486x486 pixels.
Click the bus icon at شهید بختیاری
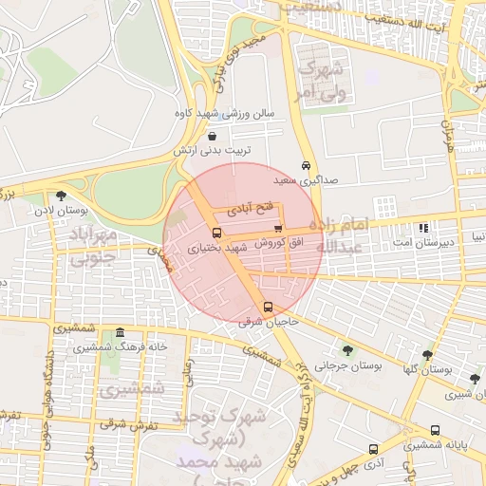[x=217, y=233]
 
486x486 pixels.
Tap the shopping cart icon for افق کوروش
[x=277, y=228]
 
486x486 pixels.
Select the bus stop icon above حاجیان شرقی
[x=269, y=307]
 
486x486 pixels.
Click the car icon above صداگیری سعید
[x=306, y=163]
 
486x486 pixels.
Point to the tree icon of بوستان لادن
[x=62, y=195]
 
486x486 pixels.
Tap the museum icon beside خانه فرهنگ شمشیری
[x=120, y=333]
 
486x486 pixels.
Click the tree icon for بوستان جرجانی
[x=346, y=349]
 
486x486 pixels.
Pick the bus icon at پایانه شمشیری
[x=435, y=430]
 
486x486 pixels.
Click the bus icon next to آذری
[x=373, y=450]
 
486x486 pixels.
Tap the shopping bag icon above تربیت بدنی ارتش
[x=211, y=136]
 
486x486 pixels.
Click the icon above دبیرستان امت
[x=423, y=228]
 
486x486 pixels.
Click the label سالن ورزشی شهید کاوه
[x=224, y=113]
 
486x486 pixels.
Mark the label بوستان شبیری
[x=461, y=392]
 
